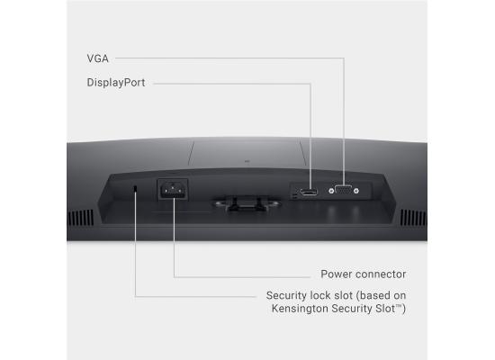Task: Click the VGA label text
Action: point(97,58)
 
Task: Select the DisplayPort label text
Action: point(116,83)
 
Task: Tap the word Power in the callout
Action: point(334,274)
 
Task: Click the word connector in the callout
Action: point(379,274)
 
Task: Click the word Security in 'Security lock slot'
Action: point(286,295)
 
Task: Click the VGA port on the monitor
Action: point(344,191)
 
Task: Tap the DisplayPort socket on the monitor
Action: point(309,192)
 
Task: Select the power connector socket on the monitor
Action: point(173,190)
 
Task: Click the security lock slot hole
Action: point(135,188)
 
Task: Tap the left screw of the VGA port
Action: point(331,191)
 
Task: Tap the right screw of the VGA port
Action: point(356,191)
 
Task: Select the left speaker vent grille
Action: point(80,218)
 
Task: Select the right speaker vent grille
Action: point(414,218)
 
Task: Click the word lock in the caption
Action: point(320,295)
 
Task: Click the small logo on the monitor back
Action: point(247,161)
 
